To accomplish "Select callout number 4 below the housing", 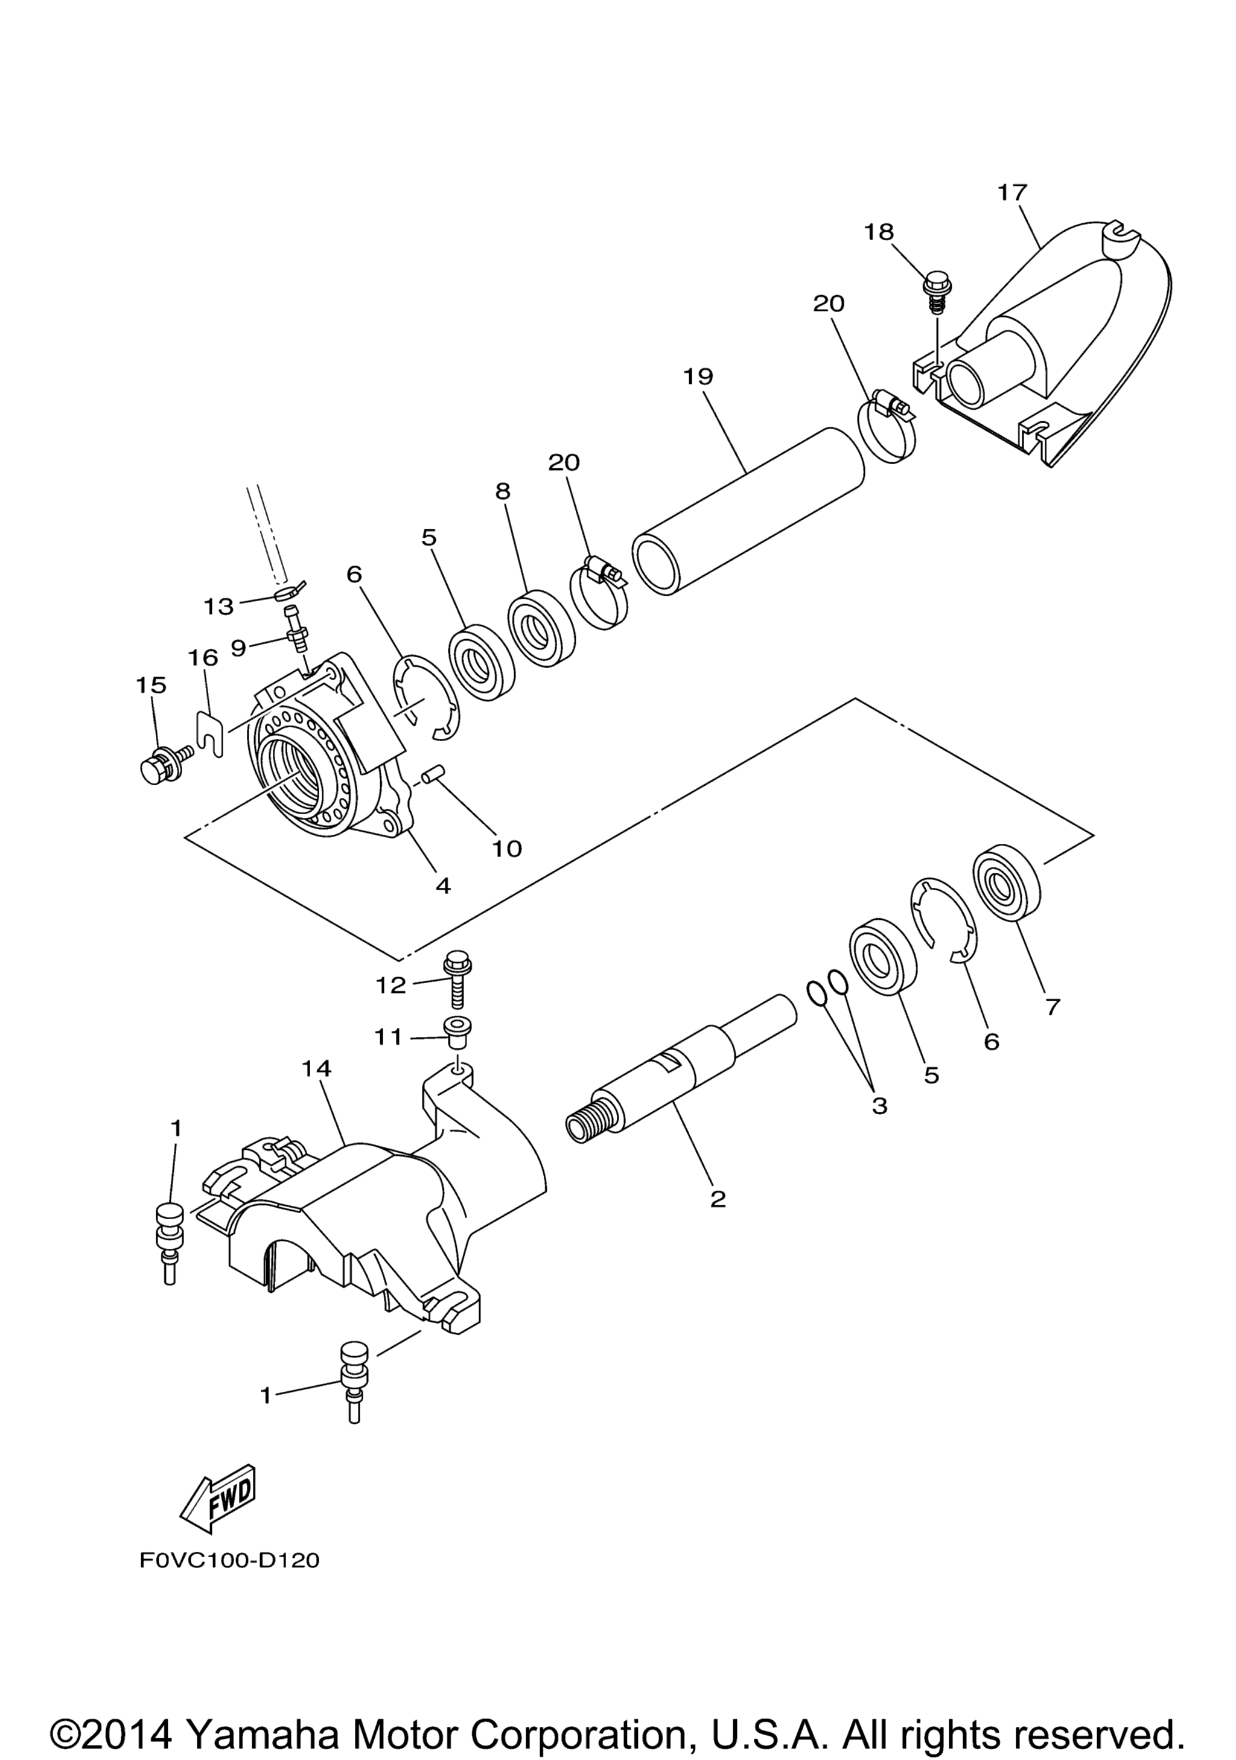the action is [443, 886].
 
